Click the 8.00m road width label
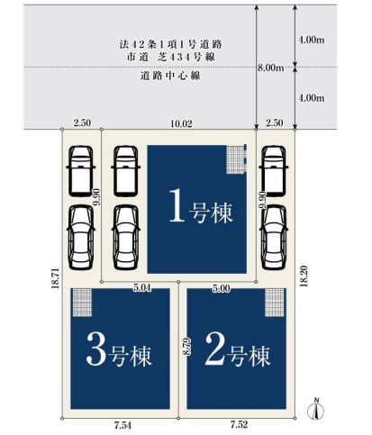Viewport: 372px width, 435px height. click(271, 68)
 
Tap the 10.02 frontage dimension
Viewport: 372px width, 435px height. click(181, 123)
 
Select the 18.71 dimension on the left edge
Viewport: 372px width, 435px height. click(56, 278)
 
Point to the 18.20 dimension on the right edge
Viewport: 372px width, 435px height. click(304, 276)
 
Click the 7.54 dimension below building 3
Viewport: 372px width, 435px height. click(122, 425)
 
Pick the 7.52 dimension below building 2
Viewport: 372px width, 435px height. click(239, 424)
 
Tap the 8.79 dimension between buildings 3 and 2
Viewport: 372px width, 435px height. click(187, 347)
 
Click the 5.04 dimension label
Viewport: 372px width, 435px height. click(142, 288)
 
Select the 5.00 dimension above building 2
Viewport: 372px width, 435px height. click(222, 288)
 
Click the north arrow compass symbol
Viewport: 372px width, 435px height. click(316, 408)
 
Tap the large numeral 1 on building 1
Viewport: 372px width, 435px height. click(177, 205)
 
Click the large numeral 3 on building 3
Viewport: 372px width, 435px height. click(96, 349)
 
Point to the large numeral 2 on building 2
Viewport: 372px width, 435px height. click(215, 349)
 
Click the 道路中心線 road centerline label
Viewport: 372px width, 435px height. click(170, 76)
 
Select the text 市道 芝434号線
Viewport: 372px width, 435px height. click(171, 57)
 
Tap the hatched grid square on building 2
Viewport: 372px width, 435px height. click(275, 303)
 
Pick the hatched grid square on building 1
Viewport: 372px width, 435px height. click(236, 159)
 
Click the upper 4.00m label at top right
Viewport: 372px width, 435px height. click(312, 40)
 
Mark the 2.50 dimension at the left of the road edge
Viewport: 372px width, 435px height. click(82, 122)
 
